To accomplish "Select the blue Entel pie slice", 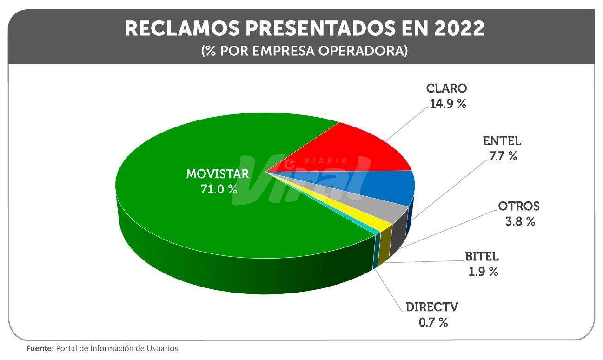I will [x=381, y=186].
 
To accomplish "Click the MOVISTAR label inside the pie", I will [x=218, y=174].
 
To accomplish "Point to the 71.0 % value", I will [x=218, y=189].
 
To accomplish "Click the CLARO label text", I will [x=446, y=88].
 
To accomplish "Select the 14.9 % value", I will [x=447, y=103].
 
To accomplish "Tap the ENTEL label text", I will [x=502, y=141].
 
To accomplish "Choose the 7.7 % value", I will [x=502, y=156].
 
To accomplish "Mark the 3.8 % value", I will [x=520, y=221].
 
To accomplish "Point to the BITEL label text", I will [x=482, y=256].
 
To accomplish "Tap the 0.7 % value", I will [x=433, y=322].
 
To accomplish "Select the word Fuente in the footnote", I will [x=40, y=348].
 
